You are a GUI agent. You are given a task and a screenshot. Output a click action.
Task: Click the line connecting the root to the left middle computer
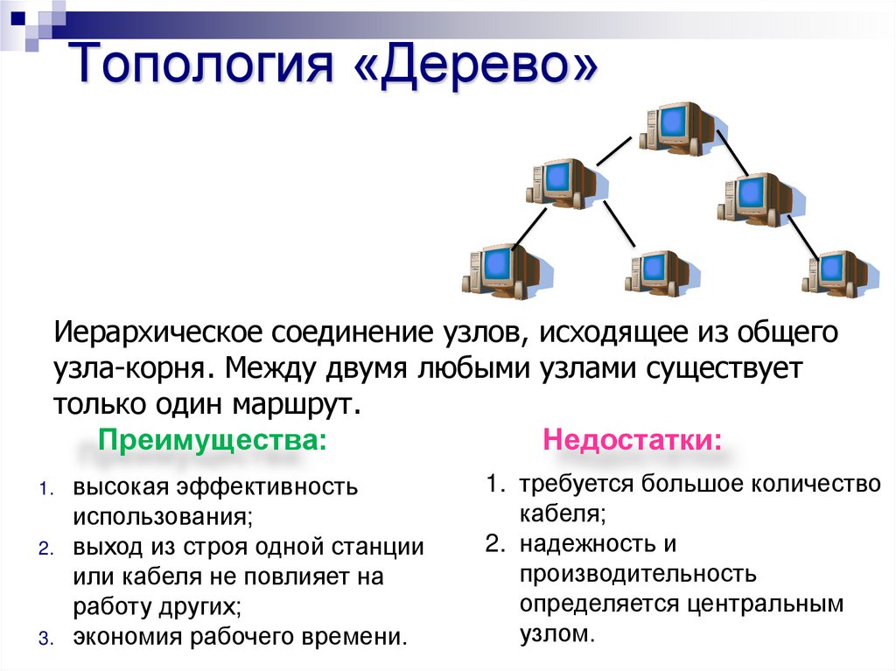coord(613,150)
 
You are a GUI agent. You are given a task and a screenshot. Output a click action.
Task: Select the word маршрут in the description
coord(297,404)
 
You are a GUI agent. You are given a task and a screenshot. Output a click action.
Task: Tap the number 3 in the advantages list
coord(44,638)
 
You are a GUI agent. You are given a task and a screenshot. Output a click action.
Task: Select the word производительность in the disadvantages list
coord(637,575)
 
